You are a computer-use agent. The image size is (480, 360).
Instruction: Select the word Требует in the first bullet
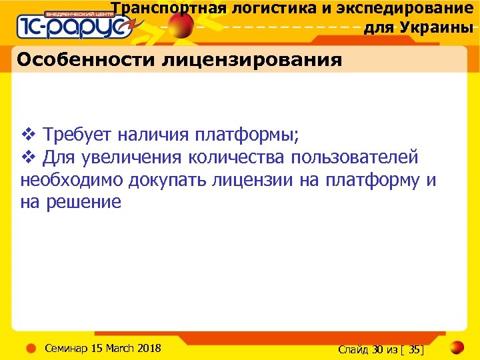point(78,135)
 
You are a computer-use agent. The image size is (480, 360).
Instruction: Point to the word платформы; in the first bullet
point(247,135)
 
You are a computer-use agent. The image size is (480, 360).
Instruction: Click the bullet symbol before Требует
point(28,135)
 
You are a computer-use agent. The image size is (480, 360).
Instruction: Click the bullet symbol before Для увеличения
point(28,157)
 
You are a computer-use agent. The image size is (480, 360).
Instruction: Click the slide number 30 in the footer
point(377,349)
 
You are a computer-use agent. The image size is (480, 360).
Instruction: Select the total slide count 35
point(415,349)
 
